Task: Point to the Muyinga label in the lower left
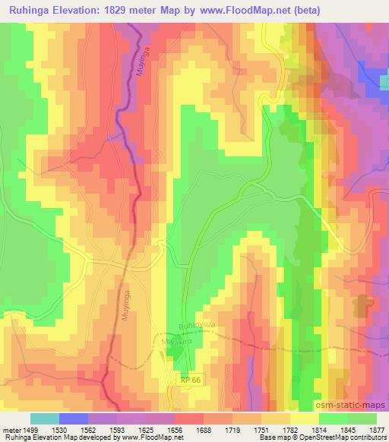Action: [128, 303]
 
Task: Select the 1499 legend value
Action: [30, 430]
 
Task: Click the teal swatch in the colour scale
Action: [45, 418]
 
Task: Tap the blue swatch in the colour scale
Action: [74, 418]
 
